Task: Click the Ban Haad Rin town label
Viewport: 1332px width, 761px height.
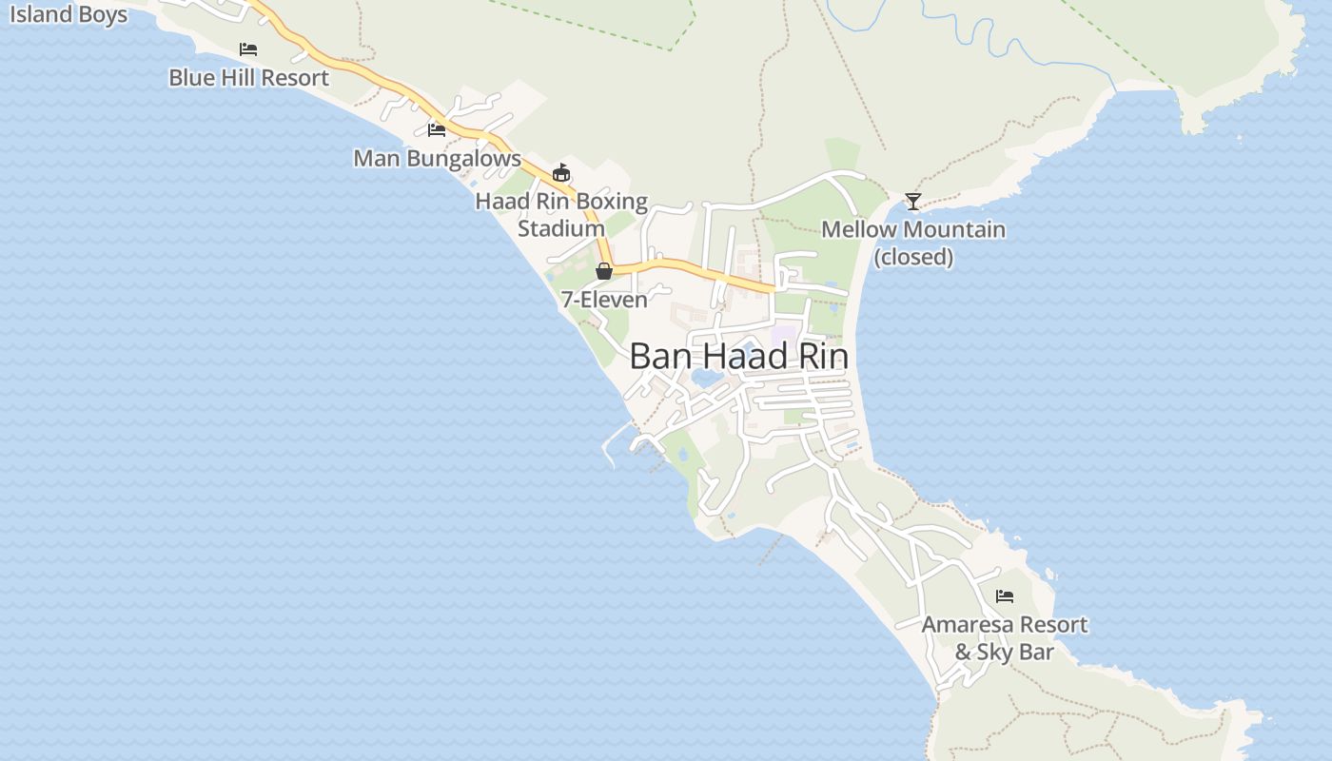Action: [x=738, y=357]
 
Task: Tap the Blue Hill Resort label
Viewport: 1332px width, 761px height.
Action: [x=248, y=78]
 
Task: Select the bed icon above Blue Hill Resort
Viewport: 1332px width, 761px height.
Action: [x=248, y=49]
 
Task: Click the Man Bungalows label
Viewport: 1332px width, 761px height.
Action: [x=437, y=159]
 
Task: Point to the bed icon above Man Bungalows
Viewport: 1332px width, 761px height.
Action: [x=437, y=129]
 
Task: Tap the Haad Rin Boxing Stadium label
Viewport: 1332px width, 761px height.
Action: [x=561, y=215]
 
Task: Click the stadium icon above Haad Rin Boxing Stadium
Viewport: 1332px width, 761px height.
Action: [x=561, y=173]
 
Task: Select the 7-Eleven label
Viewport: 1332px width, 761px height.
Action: [x=604, y=300]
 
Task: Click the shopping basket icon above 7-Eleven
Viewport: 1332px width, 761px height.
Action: [x=604, y=271]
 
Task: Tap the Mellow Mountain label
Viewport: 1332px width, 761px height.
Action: [x=913, y=230]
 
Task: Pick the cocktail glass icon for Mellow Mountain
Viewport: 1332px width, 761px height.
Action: [x=913, y=202]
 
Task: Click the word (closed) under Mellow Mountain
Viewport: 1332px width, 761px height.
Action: [x=913, y=257]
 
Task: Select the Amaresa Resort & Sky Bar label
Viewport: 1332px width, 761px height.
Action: [x=1005, y=638]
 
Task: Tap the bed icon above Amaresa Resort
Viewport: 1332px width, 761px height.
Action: [x=1005, y=596]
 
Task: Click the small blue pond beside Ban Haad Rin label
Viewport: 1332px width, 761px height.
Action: [x=706, y=379]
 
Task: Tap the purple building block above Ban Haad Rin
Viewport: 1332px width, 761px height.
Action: [x=783, y=336]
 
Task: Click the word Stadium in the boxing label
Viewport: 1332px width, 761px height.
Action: [x=561, y=229]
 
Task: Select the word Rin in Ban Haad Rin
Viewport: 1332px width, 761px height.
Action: [x=823, y=357]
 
